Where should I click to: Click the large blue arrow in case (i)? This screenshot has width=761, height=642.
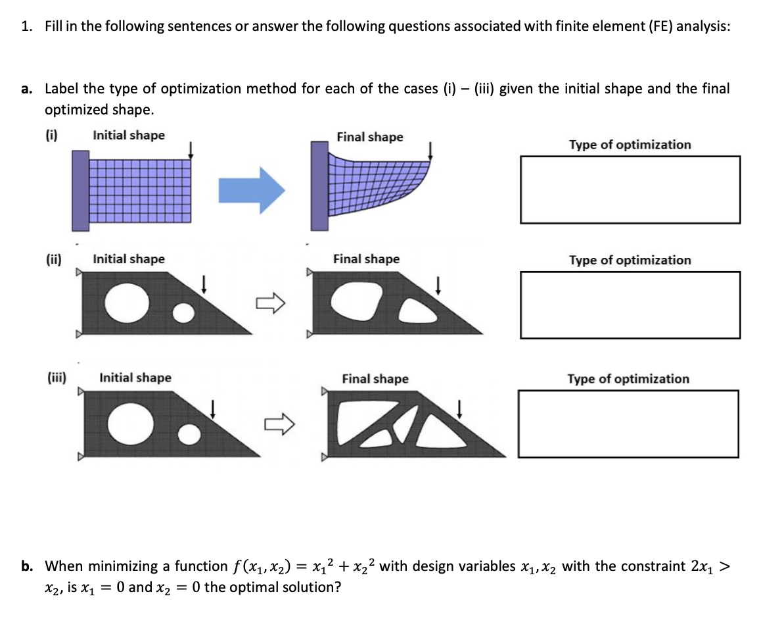click(x=252, y=190)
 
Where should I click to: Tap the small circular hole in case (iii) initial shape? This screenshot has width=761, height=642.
click(x=189, y=435)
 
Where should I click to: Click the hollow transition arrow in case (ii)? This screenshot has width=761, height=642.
click(x=271, y=303)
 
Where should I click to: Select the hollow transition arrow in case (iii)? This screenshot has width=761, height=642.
click(x=279, y=424)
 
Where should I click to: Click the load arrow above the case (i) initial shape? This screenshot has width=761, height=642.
click(x=191, y=150)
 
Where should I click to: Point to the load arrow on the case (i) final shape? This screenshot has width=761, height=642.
click(x=430, y=151)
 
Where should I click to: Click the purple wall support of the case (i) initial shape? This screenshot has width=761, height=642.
click(x=81, y=190)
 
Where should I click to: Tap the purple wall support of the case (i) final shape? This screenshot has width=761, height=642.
click(x=320, y=185)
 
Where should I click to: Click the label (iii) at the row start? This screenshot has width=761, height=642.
click(x=57, y=378)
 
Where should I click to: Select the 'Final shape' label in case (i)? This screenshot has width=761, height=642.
click(x=370, y=137)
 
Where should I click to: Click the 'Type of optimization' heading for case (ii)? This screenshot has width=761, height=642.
click(x=630, y=260)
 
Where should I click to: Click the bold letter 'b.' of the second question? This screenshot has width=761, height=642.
click(x=27, y=566)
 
